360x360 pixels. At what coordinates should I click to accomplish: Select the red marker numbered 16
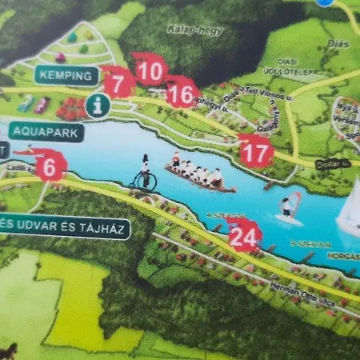pos(182,94)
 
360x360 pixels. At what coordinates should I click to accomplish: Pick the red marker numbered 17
pos(256,150)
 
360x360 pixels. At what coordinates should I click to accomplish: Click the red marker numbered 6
pos(50,166)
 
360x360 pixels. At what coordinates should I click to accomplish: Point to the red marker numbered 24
pos(244,235)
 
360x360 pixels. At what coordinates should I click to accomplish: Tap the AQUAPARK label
pos(46,132)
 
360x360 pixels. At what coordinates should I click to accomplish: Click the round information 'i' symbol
pos(98,104)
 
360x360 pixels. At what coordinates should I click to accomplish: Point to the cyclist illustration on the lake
pos(144,174)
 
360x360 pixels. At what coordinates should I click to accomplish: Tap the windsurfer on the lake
pos(288,206)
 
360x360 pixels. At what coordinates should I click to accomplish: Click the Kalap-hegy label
pos(183,30)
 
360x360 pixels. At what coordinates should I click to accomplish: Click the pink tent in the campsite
pos(60,58)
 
